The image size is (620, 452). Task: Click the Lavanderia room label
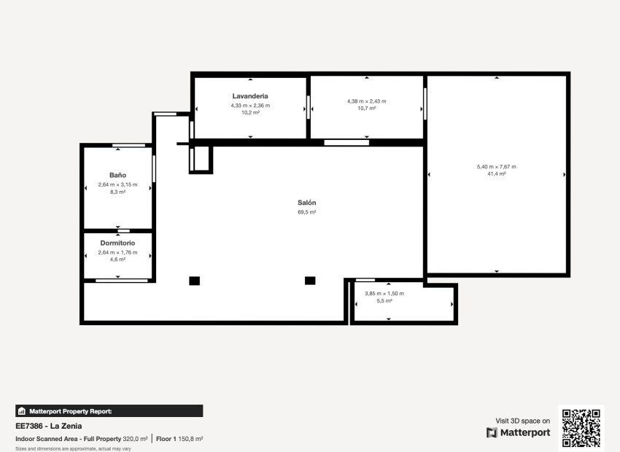[x=250, y=96]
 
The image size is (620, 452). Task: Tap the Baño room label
[x=118, y=176]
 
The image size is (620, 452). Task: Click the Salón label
[x=307, y=203]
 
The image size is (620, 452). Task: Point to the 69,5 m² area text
[x=307, y=212]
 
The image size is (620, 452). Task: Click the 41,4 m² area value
[x=496, y=174]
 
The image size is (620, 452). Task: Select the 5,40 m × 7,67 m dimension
[x=496, y=166]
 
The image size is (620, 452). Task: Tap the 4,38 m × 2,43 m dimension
[x=367, y=101]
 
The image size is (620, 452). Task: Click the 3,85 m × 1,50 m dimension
[x=384, y=293]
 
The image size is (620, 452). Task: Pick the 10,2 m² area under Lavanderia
[x=250, y=112]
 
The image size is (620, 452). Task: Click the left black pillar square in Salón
[x=194, y=281]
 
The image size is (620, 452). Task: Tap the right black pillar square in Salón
[x=310, y=281]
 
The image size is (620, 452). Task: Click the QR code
[x=582, y=427]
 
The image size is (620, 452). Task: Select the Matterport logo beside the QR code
[x=519, y=433]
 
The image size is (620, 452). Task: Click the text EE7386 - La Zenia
[x=49, y=426]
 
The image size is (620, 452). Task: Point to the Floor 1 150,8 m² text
[x=179, y=439]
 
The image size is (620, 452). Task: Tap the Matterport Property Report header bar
[x=109, y=411]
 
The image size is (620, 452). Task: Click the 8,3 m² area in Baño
[x=118, y=192]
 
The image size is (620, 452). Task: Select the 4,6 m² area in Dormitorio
[x=118, y=259]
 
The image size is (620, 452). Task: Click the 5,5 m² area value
[x=384, y=300]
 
